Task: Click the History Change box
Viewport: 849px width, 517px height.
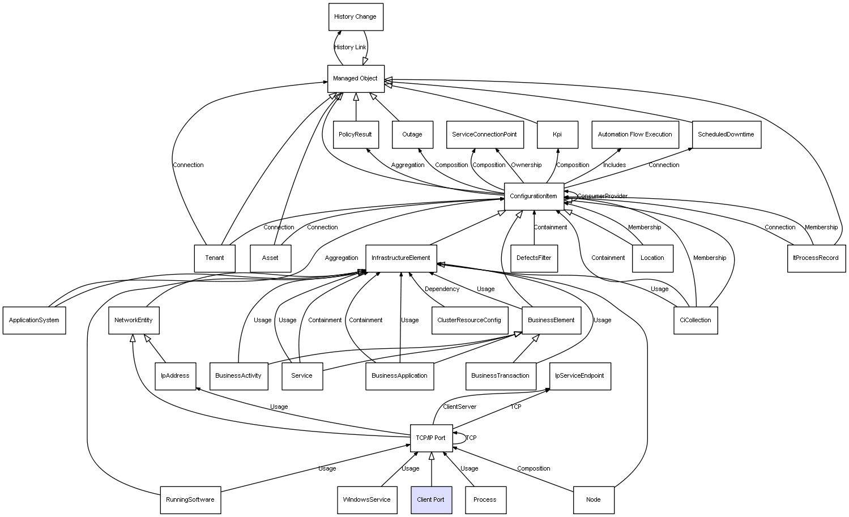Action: pyautogui.click(x=356, y=17)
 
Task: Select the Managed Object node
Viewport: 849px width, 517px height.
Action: pyautogui.click(x=356, y=79)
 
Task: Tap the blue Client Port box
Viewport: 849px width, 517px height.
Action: pyautogui.click(x=431, y=500)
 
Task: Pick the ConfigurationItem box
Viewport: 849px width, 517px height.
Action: pyautogui.click(x=534, y=196)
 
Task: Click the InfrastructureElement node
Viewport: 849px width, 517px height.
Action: pyautogui.click(x=401, y=258)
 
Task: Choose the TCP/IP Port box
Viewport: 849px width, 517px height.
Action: pyautogui.click(x=431, y=438)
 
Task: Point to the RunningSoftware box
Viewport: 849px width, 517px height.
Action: pyautogui.click(x=190, y=500)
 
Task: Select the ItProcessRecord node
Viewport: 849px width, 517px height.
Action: pyautogui.click(x=816, y=258)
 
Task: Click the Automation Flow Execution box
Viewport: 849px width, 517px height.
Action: pyautogui.click(x=635, y=135)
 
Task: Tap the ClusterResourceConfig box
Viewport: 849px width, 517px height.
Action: pyautogui.click(x=470, y=321)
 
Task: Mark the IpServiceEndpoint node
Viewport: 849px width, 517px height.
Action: pyautogui.click(x=580, y=376)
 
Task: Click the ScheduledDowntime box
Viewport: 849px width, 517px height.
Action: pyautogui.click(x=726, y=135)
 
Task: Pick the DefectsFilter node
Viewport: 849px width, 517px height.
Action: pyautogui.click(x=534, y=258)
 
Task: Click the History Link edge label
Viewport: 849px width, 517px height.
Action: pyautogui.click(x=350, y=48)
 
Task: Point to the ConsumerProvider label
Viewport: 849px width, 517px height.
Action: pyautogui.click(x=602, y=196)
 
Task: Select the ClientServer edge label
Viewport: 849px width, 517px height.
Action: pyautogui.click(x=459, y=407)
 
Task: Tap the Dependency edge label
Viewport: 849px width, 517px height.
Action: pyautogui.click(x=442, y=289)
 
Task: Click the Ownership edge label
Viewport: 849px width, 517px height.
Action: pyautogui.click(x=526, y=165)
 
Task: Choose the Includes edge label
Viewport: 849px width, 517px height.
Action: pyautogui.click(x=615, y=165)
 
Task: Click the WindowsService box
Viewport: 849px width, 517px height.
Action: pyautogui.click(x=367, y=500)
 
